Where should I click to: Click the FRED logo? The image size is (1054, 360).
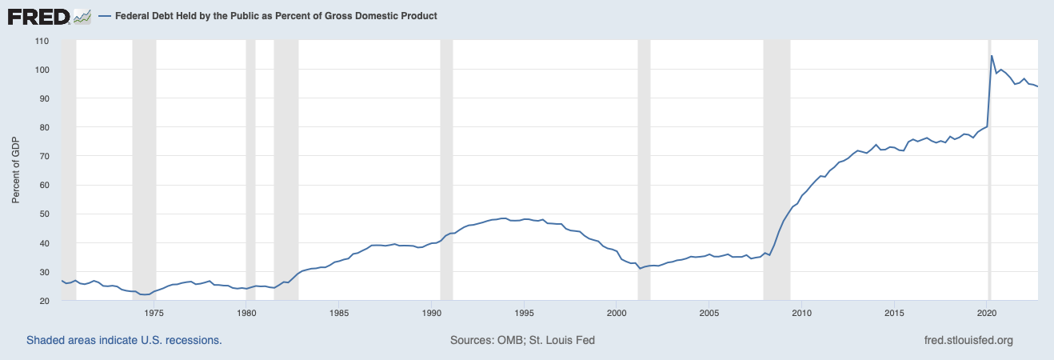[x=50, y=16]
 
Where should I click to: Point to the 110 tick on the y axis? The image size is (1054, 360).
[x=42, y=41]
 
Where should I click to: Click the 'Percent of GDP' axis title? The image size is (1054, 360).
[x=15, y=170]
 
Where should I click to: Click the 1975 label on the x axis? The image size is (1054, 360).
[x=154, y=313]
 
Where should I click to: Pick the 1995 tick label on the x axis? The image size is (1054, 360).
[x=524, y=313]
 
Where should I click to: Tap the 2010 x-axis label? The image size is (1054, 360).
[x=801, y=313]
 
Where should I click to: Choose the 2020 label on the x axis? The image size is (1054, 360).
[x=987, y=313]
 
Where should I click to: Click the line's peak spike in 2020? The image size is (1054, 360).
[x=992, y=56]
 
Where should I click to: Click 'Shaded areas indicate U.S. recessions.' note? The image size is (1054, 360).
[x=124, y=340]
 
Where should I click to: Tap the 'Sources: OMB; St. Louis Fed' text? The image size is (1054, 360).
[x=522, y=340]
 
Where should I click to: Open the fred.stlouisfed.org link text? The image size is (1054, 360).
[x=968, y=340]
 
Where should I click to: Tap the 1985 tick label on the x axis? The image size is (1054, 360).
[x=339, y=313]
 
